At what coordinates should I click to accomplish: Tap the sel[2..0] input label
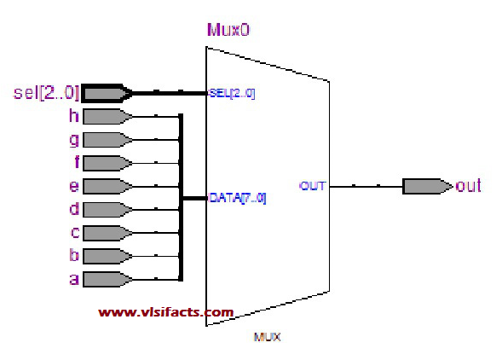[46, 91]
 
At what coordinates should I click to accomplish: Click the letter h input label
[73, 115]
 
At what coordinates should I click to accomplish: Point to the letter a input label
[73, 278]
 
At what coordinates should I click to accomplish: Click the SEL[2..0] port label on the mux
[232, 92]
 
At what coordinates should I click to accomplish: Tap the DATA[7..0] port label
[238, 198]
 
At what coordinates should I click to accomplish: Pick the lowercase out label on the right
[468, 185]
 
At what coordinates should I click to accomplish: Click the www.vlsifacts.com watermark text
[165, 312]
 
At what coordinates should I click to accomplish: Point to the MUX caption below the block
[267, 337]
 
